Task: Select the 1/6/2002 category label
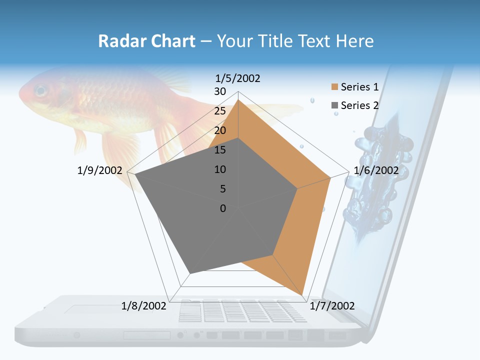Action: point(376,170)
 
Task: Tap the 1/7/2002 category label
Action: point(332,306)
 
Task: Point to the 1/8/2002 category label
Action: point(144,306)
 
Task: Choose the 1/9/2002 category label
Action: point(100,170)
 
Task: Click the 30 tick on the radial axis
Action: point(220,91)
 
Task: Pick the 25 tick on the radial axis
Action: point(220,111)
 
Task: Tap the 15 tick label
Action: point(220,150)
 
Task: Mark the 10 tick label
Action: point(220,169)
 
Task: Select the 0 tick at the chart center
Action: point(223,208)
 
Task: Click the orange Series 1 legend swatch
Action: point(334,87)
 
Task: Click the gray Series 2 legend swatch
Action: point(334,105)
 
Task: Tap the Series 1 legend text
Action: point(359,87)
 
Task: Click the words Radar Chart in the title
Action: point(146,41)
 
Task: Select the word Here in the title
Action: point(354,41)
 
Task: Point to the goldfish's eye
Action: point(40,91)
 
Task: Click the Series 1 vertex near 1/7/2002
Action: point(302,295)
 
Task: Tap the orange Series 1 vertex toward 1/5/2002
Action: point(238,100)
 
